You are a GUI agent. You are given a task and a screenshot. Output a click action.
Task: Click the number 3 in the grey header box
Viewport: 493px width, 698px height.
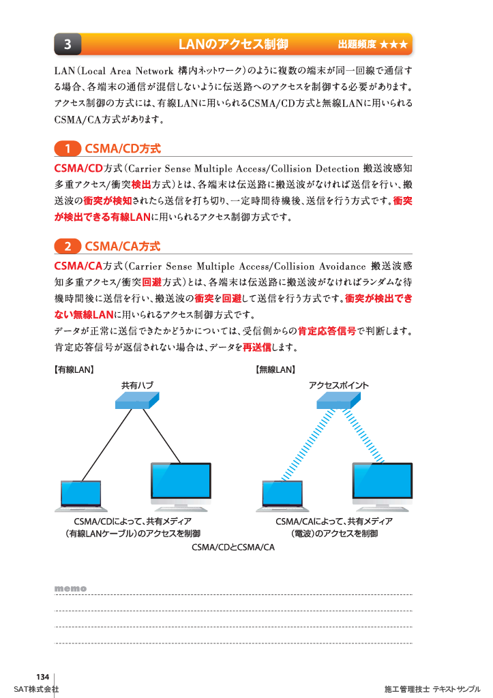68,45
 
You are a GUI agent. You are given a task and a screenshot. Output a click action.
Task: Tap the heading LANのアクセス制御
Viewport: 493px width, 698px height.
233,45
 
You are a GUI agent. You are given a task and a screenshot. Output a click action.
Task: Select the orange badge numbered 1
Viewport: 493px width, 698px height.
68,149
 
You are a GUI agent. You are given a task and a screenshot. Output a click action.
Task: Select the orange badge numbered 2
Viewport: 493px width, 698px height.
68,246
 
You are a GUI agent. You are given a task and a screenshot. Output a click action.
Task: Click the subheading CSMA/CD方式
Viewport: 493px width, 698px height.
123,149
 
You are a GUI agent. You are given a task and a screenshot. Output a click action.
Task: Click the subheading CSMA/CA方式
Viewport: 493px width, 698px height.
123,246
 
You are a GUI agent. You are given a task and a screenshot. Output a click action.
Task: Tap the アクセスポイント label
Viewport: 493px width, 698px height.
339,385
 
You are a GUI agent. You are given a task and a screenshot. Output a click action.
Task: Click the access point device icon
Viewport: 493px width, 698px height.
338,401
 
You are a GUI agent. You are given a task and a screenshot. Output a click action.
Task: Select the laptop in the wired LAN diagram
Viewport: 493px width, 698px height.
82,496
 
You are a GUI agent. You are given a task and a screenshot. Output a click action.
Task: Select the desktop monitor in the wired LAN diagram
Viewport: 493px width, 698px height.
181,485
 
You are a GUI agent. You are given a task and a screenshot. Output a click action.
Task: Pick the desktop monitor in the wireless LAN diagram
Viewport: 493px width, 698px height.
382,485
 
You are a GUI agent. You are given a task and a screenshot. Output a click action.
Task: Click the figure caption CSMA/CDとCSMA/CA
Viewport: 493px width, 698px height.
233,547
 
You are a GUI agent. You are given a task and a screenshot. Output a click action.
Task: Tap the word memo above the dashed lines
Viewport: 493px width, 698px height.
70,588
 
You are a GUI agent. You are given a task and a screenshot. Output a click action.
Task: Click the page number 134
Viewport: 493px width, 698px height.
43,677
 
